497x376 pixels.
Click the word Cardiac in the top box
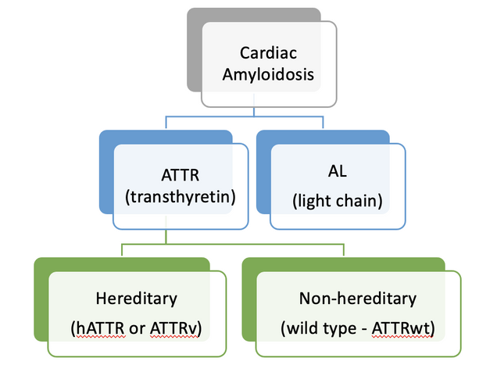coord(268,53)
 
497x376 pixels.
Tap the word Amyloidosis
coord(268,75)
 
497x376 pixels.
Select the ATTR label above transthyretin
coord(180,175)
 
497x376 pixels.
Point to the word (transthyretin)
coord(180,197)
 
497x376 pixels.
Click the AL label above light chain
coord(338,171)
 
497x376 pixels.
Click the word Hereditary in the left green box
coord(137,299)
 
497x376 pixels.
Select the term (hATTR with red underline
coord(98,329)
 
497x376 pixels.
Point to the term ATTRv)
coord(177,329)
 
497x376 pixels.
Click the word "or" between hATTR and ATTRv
coord(138,330)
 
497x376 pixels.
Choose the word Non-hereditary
coord(358,299)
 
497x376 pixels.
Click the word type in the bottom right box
coord(339,330)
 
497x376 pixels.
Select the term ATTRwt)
coord(403,329)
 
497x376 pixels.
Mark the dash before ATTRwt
coord(363,330)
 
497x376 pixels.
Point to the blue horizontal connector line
coord(245,116)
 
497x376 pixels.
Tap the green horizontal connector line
coord(233,244)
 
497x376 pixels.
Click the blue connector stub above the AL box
coord(323,123)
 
